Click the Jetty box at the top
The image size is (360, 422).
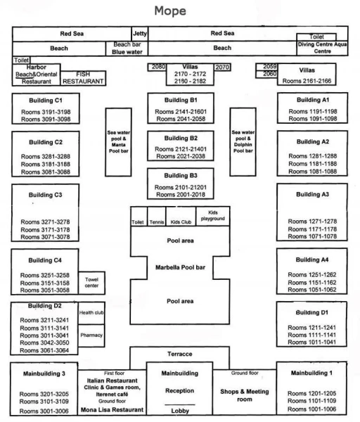(x=140, y=34)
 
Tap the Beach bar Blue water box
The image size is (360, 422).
(x=127, y=49)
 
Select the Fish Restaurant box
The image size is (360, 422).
(x=83, y=78)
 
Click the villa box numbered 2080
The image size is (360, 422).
(x=157, y=67)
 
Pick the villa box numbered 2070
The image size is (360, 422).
(x=222, y=67)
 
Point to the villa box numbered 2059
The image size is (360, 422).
(x=266, y=67)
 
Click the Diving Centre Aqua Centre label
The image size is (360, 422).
(x=322, y=48)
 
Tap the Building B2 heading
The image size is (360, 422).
(x=181, y=138)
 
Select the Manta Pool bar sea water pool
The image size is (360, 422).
(x=118, y=142)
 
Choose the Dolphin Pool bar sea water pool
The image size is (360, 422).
(x=243, y=142)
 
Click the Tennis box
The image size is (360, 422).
(x=157, y=217)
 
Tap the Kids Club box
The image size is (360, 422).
(x=181, y=217)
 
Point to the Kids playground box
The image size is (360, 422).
(x=213, y=217)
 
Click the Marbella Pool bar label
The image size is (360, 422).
(x=180, y=267)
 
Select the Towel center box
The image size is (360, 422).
(x=91, y=283)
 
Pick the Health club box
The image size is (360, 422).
(x=91, y=313)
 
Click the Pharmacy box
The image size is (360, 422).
(x=91, y=335)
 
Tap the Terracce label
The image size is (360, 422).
(x=180, y=354)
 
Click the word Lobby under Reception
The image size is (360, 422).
(x=180, y=411)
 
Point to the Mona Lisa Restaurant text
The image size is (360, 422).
(x=112, y=409)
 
